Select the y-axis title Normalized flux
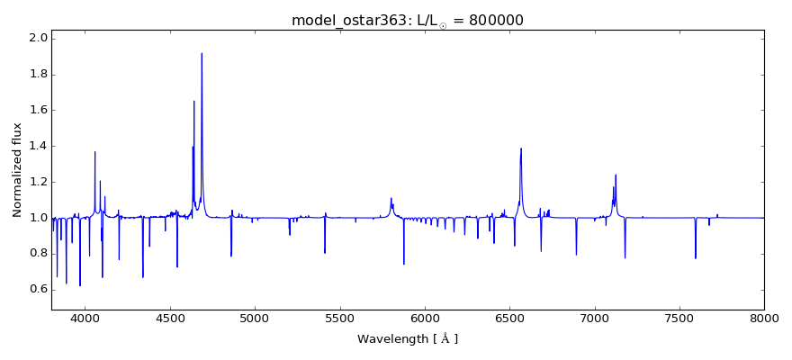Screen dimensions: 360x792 (17, 170)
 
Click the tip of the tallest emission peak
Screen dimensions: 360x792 (202, 53)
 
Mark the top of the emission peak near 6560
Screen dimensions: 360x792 (521, 148)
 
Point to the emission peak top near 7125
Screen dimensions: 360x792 (616, 175)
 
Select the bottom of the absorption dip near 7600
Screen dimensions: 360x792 (696, 258)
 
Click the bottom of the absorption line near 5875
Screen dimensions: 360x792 (403, 264)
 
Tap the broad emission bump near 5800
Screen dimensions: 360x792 (391, 199)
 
